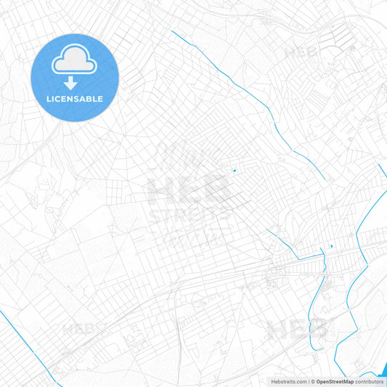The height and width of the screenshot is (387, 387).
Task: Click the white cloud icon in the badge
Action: (75, 62)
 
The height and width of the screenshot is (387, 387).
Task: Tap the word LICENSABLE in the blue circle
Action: (75, 99)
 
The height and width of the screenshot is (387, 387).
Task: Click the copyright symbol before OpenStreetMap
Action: (312, 380)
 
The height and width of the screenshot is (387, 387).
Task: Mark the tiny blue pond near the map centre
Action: (234, 171)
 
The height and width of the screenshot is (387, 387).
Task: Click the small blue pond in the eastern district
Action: (330, 246)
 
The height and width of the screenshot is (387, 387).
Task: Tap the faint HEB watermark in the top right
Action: (301, 52)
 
